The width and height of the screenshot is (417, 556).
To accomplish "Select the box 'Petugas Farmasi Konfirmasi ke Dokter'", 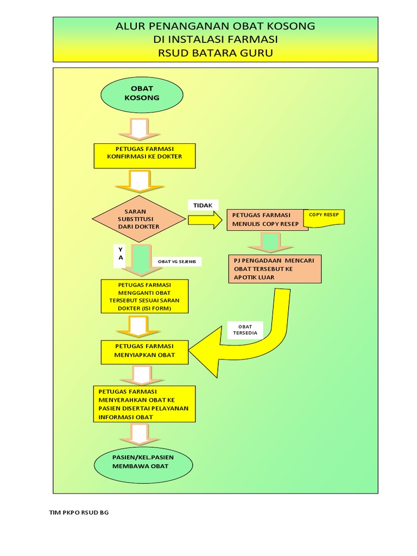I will pos(145,156).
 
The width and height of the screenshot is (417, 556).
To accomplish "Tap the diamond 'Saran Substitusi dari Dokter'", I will pos(140,219).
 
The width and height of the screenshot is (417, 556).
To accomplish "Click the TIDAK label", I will pos(203,205).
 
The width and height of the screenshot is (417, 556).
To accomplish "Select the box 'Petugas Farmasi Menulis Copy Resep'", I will pos(267,219).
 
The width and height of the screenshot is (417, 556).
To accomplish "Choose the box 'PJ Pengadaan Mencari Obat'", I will pos(275,269).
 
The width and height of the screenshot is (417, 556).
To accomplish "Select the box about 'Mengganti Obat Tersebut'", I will pos(145,296).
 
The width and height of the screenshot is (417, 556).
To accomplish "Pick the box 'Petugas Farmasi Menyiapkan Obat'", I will pos(145,352).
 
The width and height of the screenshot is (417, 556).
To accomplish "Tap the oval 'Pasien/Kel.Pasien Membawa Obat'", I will pos(143,462).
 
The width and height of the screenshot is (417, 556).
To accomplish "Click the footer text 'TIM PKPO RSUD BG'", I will pos(79,513).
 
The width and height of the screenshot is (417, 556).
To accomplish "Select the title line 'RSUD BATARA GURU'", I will pos(215,53).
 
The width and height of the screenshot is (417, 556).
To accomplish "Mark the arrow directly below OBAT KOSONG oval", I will pos(140,129).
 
